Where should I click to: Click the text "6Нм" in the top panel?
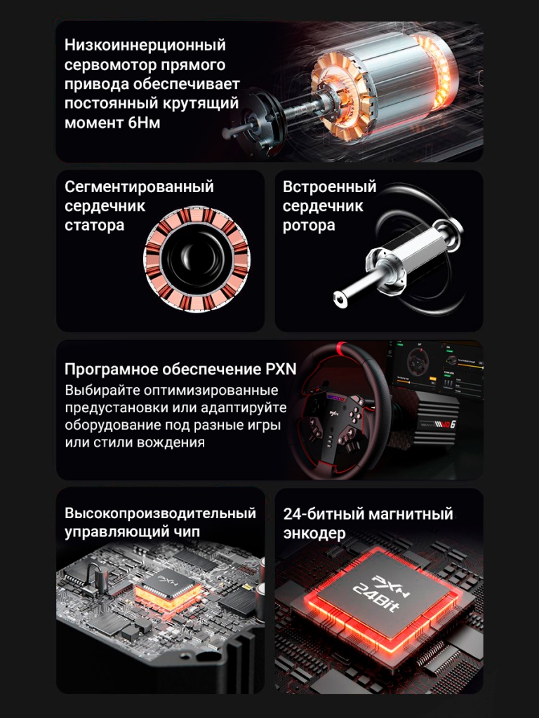click(144, 123)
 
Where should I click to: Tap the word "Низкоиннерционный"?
click(145, 45)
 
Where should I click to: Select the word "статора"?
click(95, 225)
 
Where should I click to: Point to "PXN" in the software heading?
click(281, 369)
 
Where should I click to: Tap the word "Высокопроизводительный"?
click(160, 513)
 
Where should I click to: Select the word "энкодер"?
click(314, 533)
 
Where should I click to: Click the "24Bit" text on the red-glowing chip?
click(376, 598)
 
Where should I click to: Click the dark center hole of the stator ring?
click(197, 258)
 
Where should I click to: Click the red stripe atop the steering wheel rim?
click(340, 348)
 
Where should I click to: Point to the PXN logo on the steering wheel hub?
click(333, 412)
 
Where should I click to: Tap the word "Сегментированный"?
click(139, 187)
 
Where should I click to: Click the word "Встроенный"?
click(329, 187)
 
